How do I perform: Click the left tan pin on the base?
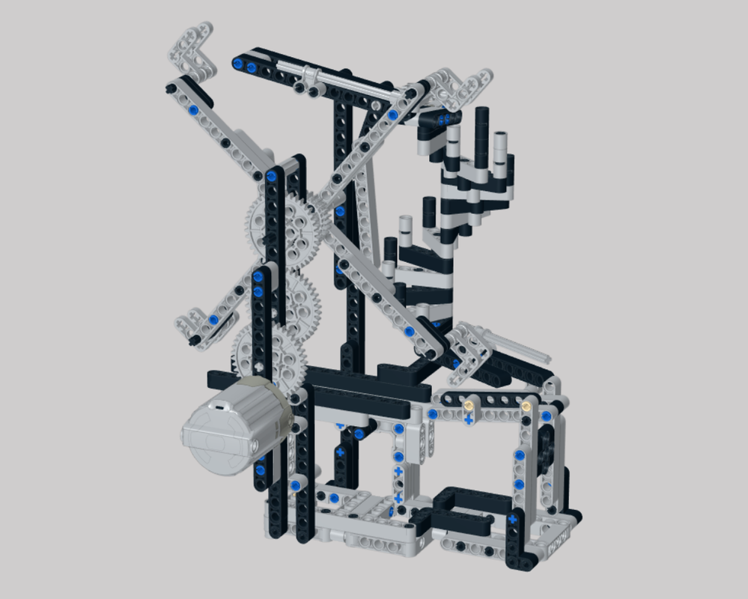tap(469, 405)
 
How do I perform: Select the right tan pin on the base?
tap(527, 405)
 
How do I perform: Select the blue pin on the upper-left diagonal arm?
tap(194, 110)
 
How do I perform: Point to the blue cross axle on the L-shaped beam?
tap(513, 518)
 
